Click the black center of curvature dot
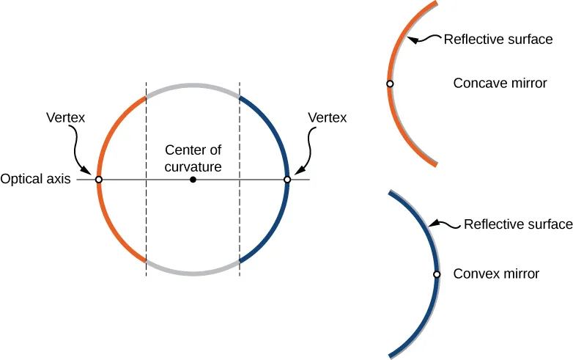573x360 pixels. [193, 180]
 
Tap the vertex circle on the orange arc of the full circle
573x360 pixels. [99, 180]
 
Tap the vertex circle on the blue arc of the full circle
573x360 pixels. [287, 180]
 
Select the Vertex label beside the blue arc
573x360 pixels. [328, 117]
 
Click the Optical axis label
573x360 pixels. [35, 180]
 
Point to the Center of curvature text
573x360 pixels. [193, 158]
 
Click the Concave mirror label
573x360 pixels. [500, 84]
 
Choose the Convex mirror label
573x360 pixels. [496, 274]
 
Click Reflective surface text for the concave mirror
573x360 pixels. [498, 40]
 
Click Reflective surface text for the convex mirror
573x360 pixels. [518, 224]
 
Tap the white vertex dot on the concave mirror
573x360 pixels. [390, 84]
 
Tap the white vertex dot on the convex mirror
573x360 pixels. [437, 274]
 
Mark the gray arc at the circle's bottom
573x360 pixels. [193, 273]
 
